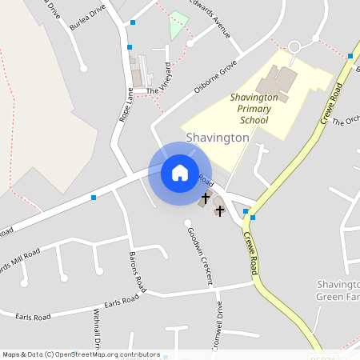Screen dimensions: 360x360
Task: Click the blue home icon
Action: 179,172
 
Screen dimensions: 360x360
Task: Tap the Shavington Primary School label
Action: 254,108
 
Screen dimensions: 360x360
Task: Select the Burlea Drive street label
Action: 87,17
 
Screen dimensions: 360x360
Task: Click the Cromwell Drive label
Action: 218,328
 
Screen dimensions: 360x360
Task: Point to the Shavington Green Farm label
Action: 340,290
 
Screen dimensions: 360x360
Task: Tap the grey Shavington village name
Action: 218,138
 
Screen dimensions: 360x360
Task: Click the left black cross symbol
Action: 206,197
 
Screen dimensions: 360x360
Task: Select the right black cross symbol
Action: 220,211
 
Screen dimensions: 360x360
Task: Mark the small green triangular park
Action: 178,26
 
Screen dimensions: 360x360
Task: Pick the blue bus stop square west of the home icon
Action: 94,197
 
